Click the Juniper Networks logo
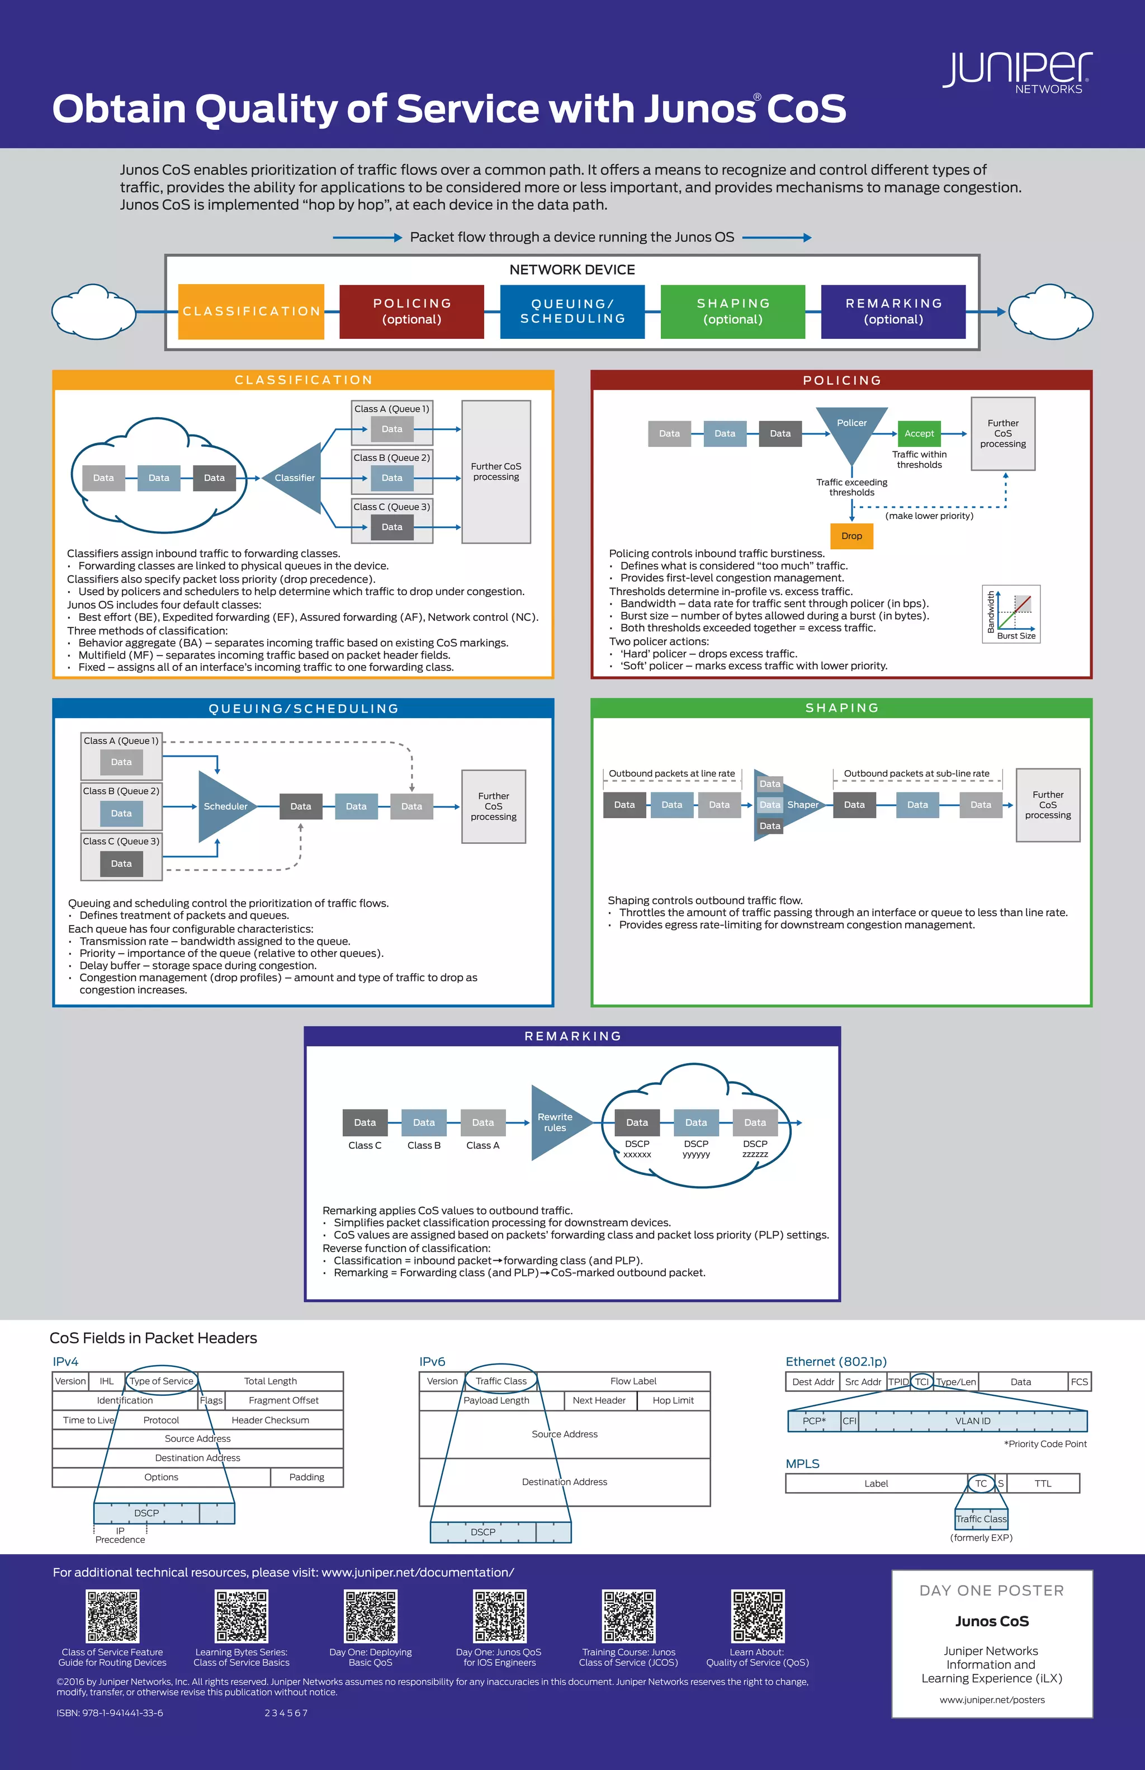coord(1017,72)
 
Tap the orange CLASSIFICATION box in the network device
coord(251,311)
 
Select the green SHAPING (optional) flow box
coord(732,311)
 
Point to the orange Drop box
coord(851,535)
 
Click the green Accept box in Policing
coord(919,433)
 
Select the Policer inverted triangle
coord(851,431)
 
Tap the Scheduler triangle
coord(223,806)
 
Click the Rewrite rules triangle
coord(556,1122)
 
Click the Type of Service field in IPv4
coord(162,1381)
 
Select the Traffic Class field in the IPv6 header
coord(500,1381)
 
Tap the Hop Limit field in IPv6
coord(673,1400)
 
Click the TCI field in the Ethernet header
coord(922,1382)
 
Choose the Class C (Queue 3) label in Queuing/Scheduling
coord(121,841)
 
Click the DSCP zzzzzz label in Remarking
coord(755,1149)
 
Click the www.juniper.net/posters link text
coord(992,1700)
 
